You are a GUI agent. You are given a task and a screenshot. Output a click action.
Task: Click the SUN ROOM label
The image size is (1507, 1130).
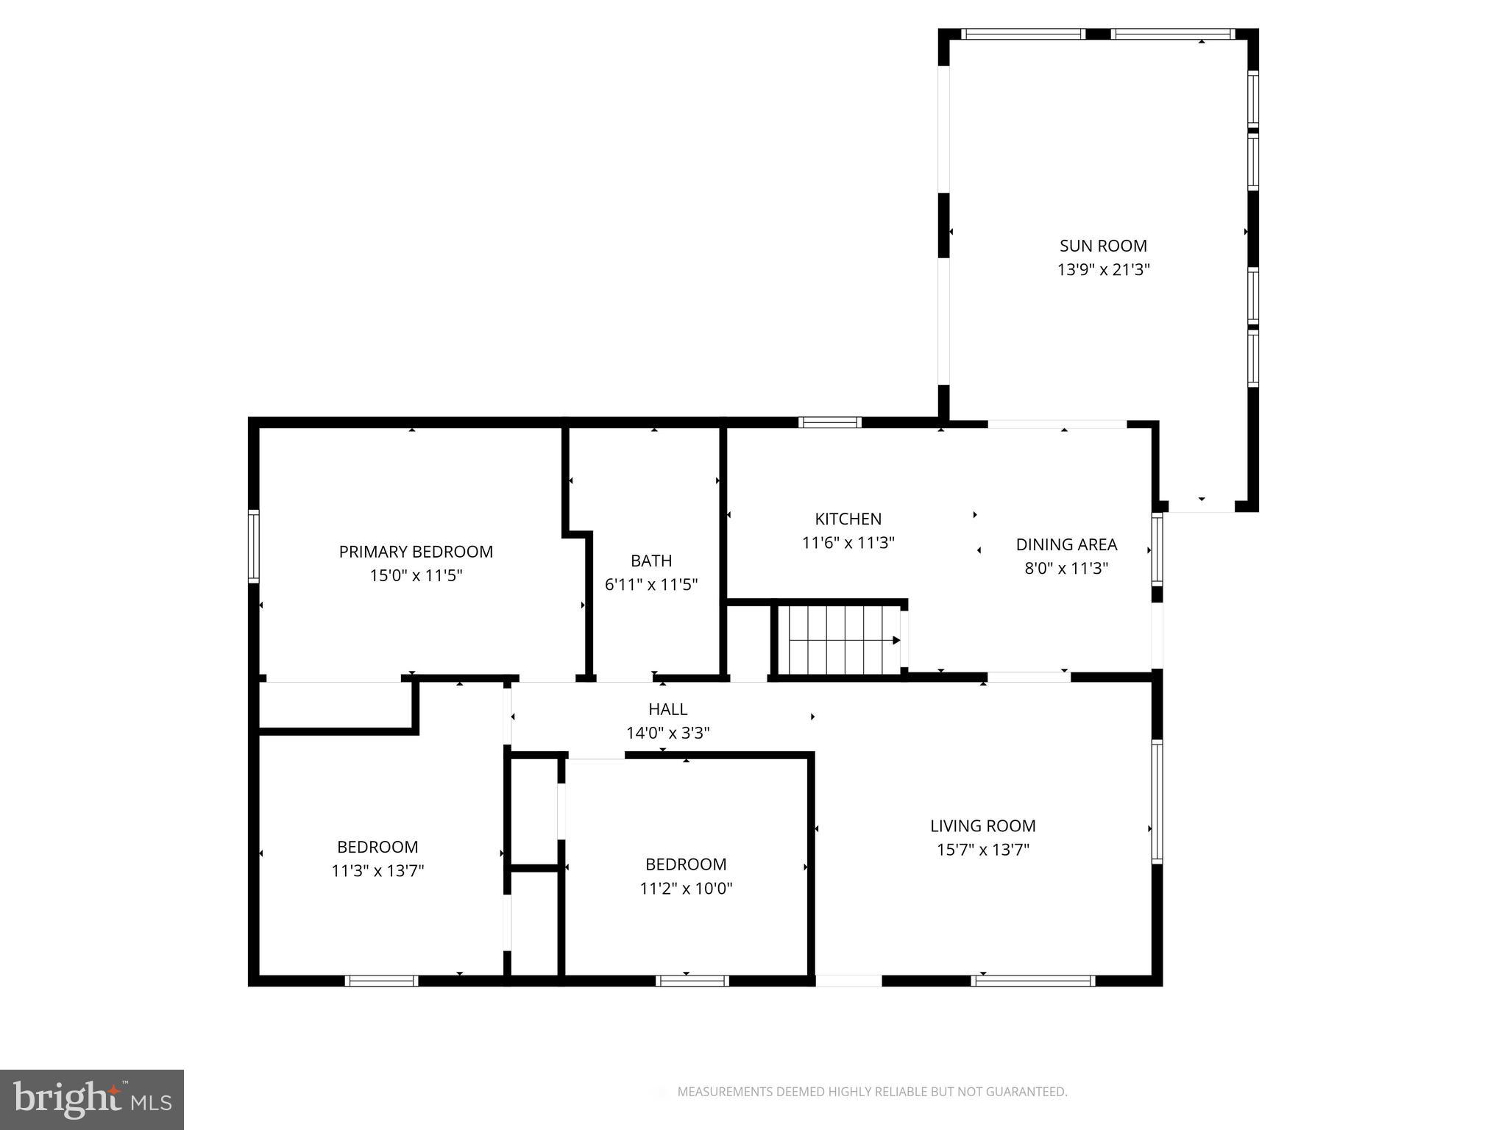[1102, 246]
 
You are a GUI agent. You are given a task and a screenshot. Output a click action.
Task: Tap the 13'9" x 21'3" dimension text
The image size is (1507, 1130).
[1103, 270]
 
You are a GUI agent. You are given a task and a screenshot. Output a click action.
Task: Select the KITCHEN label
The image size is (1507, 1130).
[848, 519]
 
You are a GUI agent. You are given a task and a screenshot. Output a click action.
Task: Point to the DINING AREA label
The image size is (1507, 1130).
[1066, 544]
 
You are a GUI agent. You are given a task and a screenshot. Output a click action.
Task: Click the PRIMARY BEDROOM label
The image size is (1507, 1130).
[416, 552]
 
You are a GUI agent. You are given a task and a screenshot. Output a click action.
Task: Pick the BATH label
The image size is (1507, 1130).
[651, 561]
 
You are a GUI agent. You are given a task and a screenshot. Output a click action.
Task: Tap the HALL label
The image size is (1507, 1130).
[667, 709]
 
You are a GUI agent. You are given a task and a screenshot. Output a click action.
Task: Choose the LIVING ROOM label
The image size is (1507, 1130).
[982, 826]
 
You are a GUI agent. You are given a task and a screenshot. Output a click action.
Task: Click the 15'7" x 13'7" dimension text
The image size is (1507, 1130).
[982, 850]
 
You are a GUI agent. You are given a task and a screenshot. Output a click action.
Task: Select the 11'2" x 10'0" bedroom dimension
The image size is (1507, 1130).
[686, 889]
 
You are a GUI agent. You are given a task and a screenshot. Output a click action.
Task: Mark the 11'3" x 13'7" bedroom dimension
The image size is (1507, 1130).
[377, 871]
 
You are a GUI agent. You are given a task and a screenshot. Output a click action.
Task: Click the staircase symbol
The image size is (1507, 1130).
[839, 640]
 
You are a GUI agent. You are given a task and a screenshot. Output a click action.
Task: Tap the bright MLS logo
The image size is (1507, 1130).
[92, 1100]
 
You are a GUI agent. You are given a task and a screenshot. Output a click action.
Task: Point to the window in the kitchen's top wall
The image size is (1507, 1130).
[829, 422]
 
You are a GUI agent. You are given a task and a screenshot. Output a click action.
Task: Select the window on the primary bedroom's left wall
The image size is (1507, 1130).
[254, 546]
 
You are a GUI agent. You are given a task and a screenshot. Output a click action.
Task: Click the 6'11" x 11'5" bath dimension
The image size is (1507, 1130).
[651, 585]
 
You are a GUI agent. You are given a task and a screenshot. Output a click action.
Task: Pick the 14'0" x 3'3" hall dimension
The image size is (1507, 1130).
[667, 733]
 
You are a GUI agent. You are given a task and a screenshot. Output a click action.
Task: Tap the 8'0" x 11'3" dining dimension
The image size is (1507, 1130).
[1066, 569]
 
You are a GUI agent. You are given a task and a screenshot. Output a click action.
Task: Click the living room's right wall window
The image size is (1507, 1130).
[1157, 800]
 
